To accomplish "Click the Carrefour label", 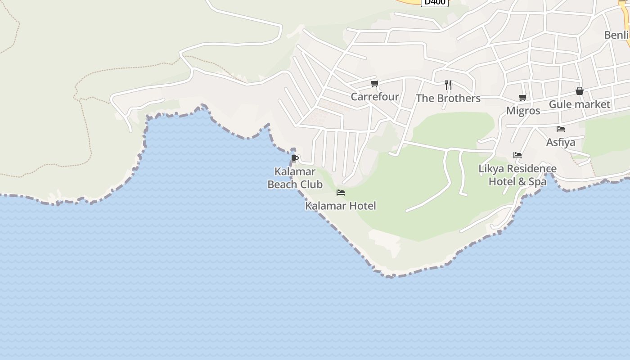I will [x=374, y=97].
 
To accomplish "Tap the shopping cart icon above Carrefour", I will [x=374, y=83].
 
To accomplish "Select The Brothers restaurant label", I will [x=448, y=98].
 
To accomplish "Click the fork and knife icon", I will [x=448, y=85].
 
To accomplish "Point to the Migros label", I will [x=523, y=111].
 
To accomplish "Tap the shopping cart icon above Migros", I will [x=522, y=97].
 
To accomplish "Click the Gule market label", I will [x=579, y=104].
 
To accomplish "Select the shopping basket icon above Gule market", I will [x=579, y=91].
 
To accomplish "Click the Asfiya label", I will [x=560, y=142].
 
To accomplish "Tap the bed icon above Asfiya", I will [x=560, y=129].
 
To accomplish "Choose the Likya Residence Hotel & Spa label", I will [x=517, y=175].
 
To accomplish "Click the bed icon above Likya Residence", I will [x=517, y=155].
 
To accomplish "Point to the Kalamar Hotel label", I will [x=340, y=206].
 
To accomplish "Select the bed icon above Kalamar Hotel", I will [x=341, y=193].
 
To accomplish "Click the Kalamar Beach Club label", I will [x=295, y=178].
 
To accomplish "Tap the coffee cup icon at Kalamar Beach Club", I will [x=294, y=158].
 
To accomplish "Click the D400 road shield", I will [x=435, y=2].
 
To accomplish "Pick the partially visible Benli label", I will [x=616, y=35].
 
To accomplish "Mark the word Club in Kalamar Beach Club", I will [x=311, y=184].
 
